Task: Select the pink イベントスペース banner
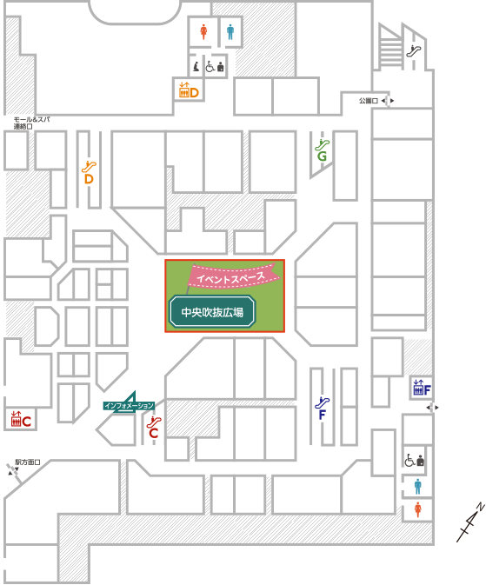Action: pos(233,276)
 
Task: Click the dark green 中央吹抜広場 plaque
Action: pos(212,312)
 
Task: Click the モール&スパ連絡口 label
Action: pos(31,123)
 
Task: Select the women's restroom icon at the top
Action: pos(203,31)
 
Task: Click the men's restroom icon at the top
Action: pos(230,31)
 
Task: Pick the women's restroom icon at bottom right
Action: pos(417,509)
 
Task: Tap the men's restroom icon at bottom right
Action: pos(417,487)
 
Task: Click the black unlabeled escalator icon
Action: pos(414,50)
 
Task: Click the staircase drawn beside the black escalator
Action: pos(391,47)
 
